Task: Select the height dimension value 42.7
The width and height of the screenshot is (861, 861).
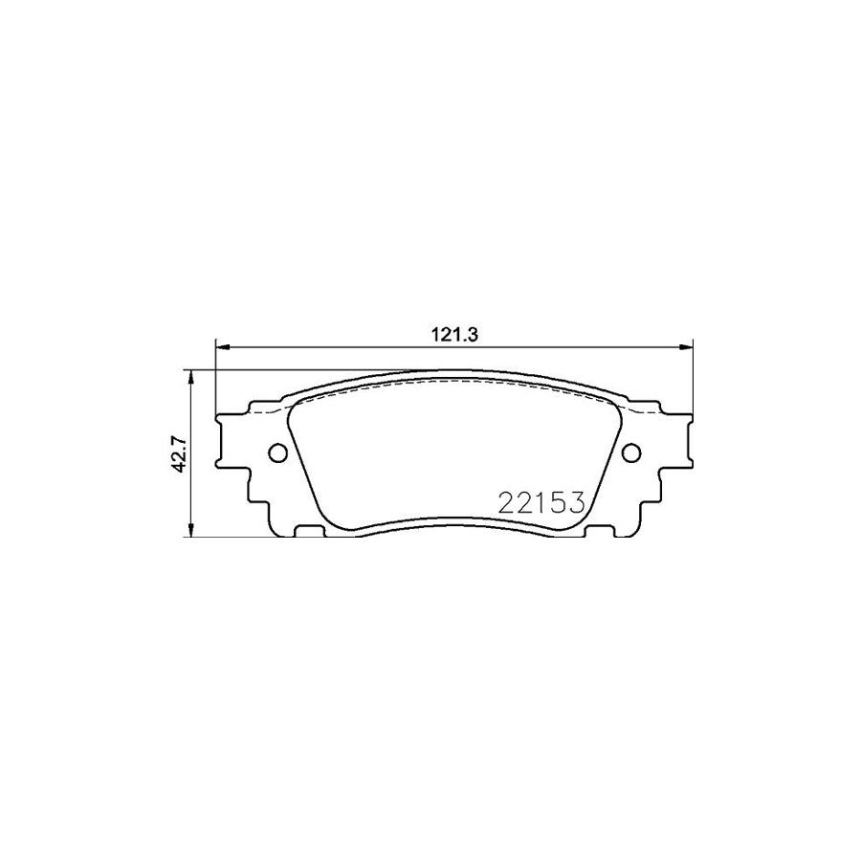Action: coord(177,453)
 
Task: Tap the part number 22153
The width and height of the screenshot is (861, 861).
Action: coord(541,503)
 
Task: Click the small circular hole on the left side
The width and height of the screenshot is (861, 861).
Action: coord(277,453)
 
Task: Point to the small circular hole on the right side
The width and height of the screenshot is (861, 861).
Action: coord(630,453)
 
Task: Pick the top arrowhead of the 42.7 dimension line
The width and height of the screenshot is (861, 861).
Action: coord(194,376)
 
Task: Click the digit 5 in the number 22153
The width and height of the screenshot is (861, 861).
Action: coord(558,503)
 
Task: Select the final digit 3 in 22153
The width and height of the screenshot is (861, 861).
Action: coord(575,503)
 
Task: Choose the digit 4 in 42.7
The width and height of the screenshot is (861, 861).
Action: coord(177,466)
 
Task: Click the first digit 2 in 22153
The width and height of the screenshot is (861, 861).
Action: coord(506,503)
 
